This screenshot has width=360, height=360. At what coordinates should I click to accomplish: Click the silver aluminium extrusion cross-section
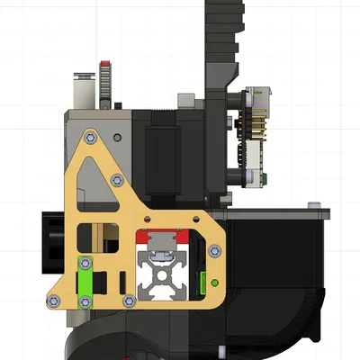pos(161,275)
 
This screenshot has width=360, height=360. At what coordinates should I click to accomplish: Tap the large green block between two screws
pos(85,282)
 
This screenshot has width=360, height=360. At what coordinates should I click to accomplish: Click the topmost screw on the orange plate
pos(90,137)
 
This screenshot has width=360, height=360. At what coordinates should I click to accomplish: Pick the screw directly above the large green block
pos(85,262)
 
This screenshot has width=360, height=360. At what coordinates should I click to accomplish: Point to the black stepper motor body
pos(167,148)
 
